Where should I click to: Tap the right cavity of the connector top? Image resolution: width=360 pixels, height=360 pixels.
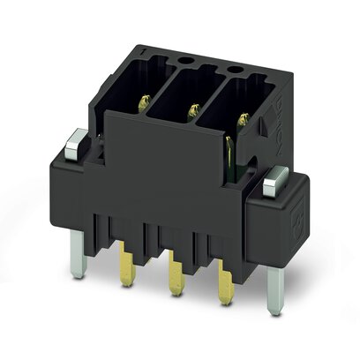239,101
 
